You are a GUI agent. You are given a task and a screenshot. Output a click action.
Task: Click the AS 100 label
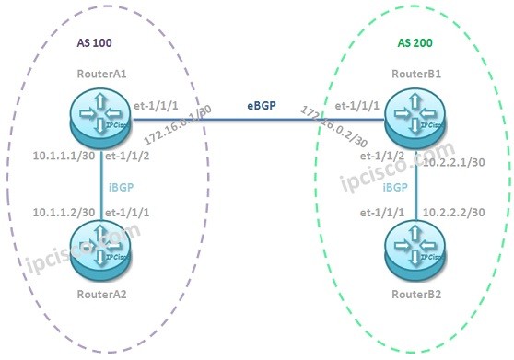(x=93, y=43)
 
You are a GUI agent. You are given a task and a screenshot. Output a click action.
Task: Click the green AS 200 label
(x=415, y=43)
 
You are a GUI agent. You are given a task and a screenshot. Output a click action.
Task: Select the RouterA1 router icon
(x=95, y=115)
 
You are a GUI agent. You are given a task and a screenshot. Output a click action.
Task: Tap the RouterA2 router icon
(x=95, y=250)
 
